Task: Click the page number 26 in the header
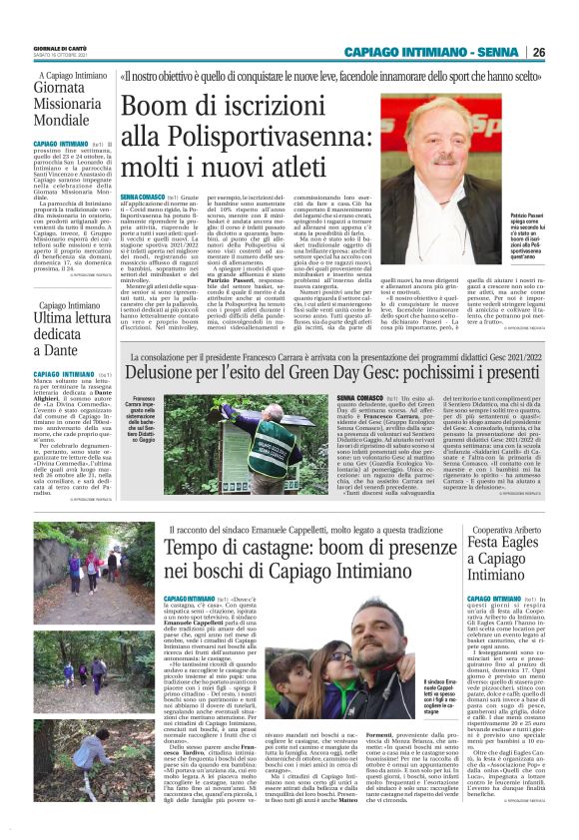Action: pos(538,52)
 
